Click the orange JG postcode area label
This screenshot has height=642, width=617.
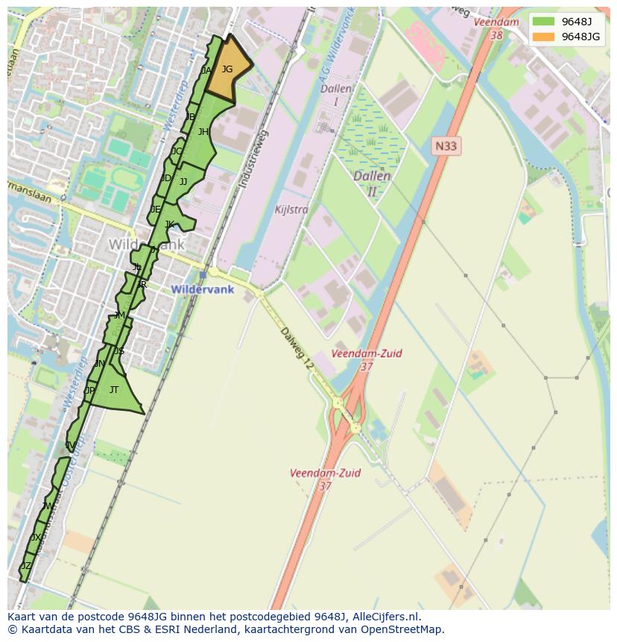(x=227, y=69)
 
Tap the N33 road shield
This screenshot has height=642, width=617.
(x=446, y=146)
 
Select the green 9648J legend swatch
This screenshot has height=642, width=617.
(x=543, y=21)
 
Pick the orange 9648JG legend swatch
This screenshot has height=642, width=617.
(x=543, y=37)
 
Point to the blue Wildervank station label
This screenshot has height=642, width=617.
(x=202, y=289)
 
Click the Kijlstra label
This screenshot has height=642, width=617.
(x=291, y=210)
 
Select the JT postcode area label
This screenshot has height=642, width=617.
(x=114, y=390)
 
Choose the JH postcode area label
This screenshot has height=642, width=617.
(x=203, y=132)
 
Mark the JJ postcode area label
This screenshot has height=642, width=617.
(x=183, y=182)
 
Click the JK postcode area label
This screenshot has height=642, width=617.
(x=169, y=224)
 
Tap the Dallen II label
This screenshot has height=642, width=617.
(x=372, y=183)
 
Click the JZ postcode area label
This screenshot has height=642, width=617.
(x=26, y=566)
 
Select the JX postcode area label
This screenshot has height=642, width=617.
(x=36, y=538)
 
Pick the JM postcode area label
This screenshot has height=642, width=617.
(x=119, y=315)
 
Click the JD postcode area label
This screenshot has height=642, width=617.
(x=165, y=178)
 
